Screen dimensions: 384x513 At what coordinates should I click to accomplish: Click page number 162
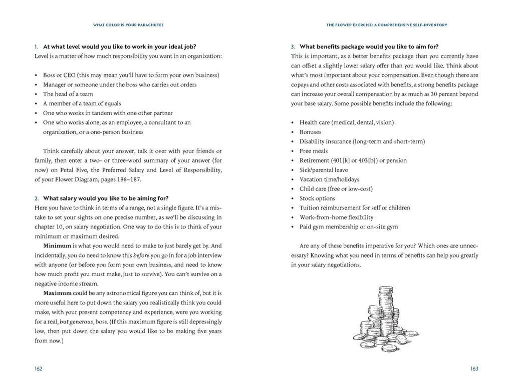click(x=38, y=368)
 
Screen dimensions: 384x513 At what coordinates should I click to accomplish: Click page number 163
click(x=474, y=368)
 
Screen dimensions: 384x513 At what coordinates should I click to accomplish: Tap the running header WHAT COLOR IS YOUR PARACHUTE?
click(x=128, y=24)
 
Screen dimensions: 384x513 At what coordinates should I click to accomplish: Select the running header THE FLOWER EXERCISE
click(x=386, y=24)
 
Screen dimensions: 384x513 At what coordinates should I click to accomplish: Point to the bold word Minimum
click(x=57, y=245)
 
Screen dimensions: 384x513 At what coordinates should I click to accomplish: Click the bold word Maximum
click(x=57, y=293)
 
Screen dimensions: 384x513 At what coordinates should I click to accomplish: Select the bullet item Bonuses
click(x=310, y=132)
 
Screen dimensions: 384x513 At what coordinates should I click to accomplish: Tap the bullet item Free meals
click(x=313, y=151)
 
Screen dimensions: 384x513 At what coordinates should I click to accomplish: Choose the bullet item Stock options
click(x=317, y=198)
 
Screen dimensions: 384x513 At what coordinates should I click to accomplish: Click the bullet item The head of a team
click(x=68, y=94)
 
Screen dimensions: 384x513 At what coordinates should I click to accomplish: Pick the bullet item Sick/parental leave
click(x=324, y=170)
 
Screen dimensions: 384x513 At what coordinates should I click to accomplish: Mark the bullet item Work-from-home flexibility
click(x=336, y=217)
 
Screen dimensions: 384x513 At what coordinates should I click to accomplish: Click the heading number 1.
click(x=36, y=46)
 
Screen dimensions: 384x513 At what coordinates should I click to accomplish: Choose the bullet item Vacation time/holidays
click(x=329, y=179)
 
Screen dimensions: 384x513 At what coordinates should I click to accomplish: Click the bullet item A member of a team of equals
click(x=82, y=103)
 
